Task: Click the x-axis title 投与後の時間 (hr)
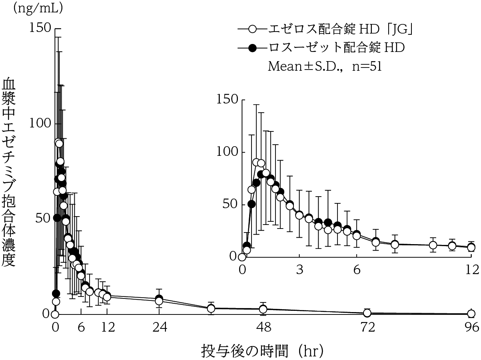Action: point(262,351)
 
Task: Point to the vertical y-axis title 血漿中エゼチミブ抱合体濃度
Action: point(10,172)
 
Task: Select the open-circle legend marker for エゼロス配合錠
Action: point(252,29)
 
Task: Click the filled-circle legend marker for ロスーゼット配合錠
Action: point(252,48)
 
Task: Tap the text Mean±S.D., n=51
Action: point(324,66)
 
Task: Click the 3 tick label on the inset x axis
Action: point(299,270)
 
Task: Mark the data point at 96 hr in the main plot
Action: point(471,314)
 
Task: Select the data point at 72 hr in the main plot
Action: point(367,313)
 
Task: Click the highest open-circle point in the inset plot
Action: point(256,162)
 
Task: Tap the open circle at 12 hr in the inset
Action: point(471,248)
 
